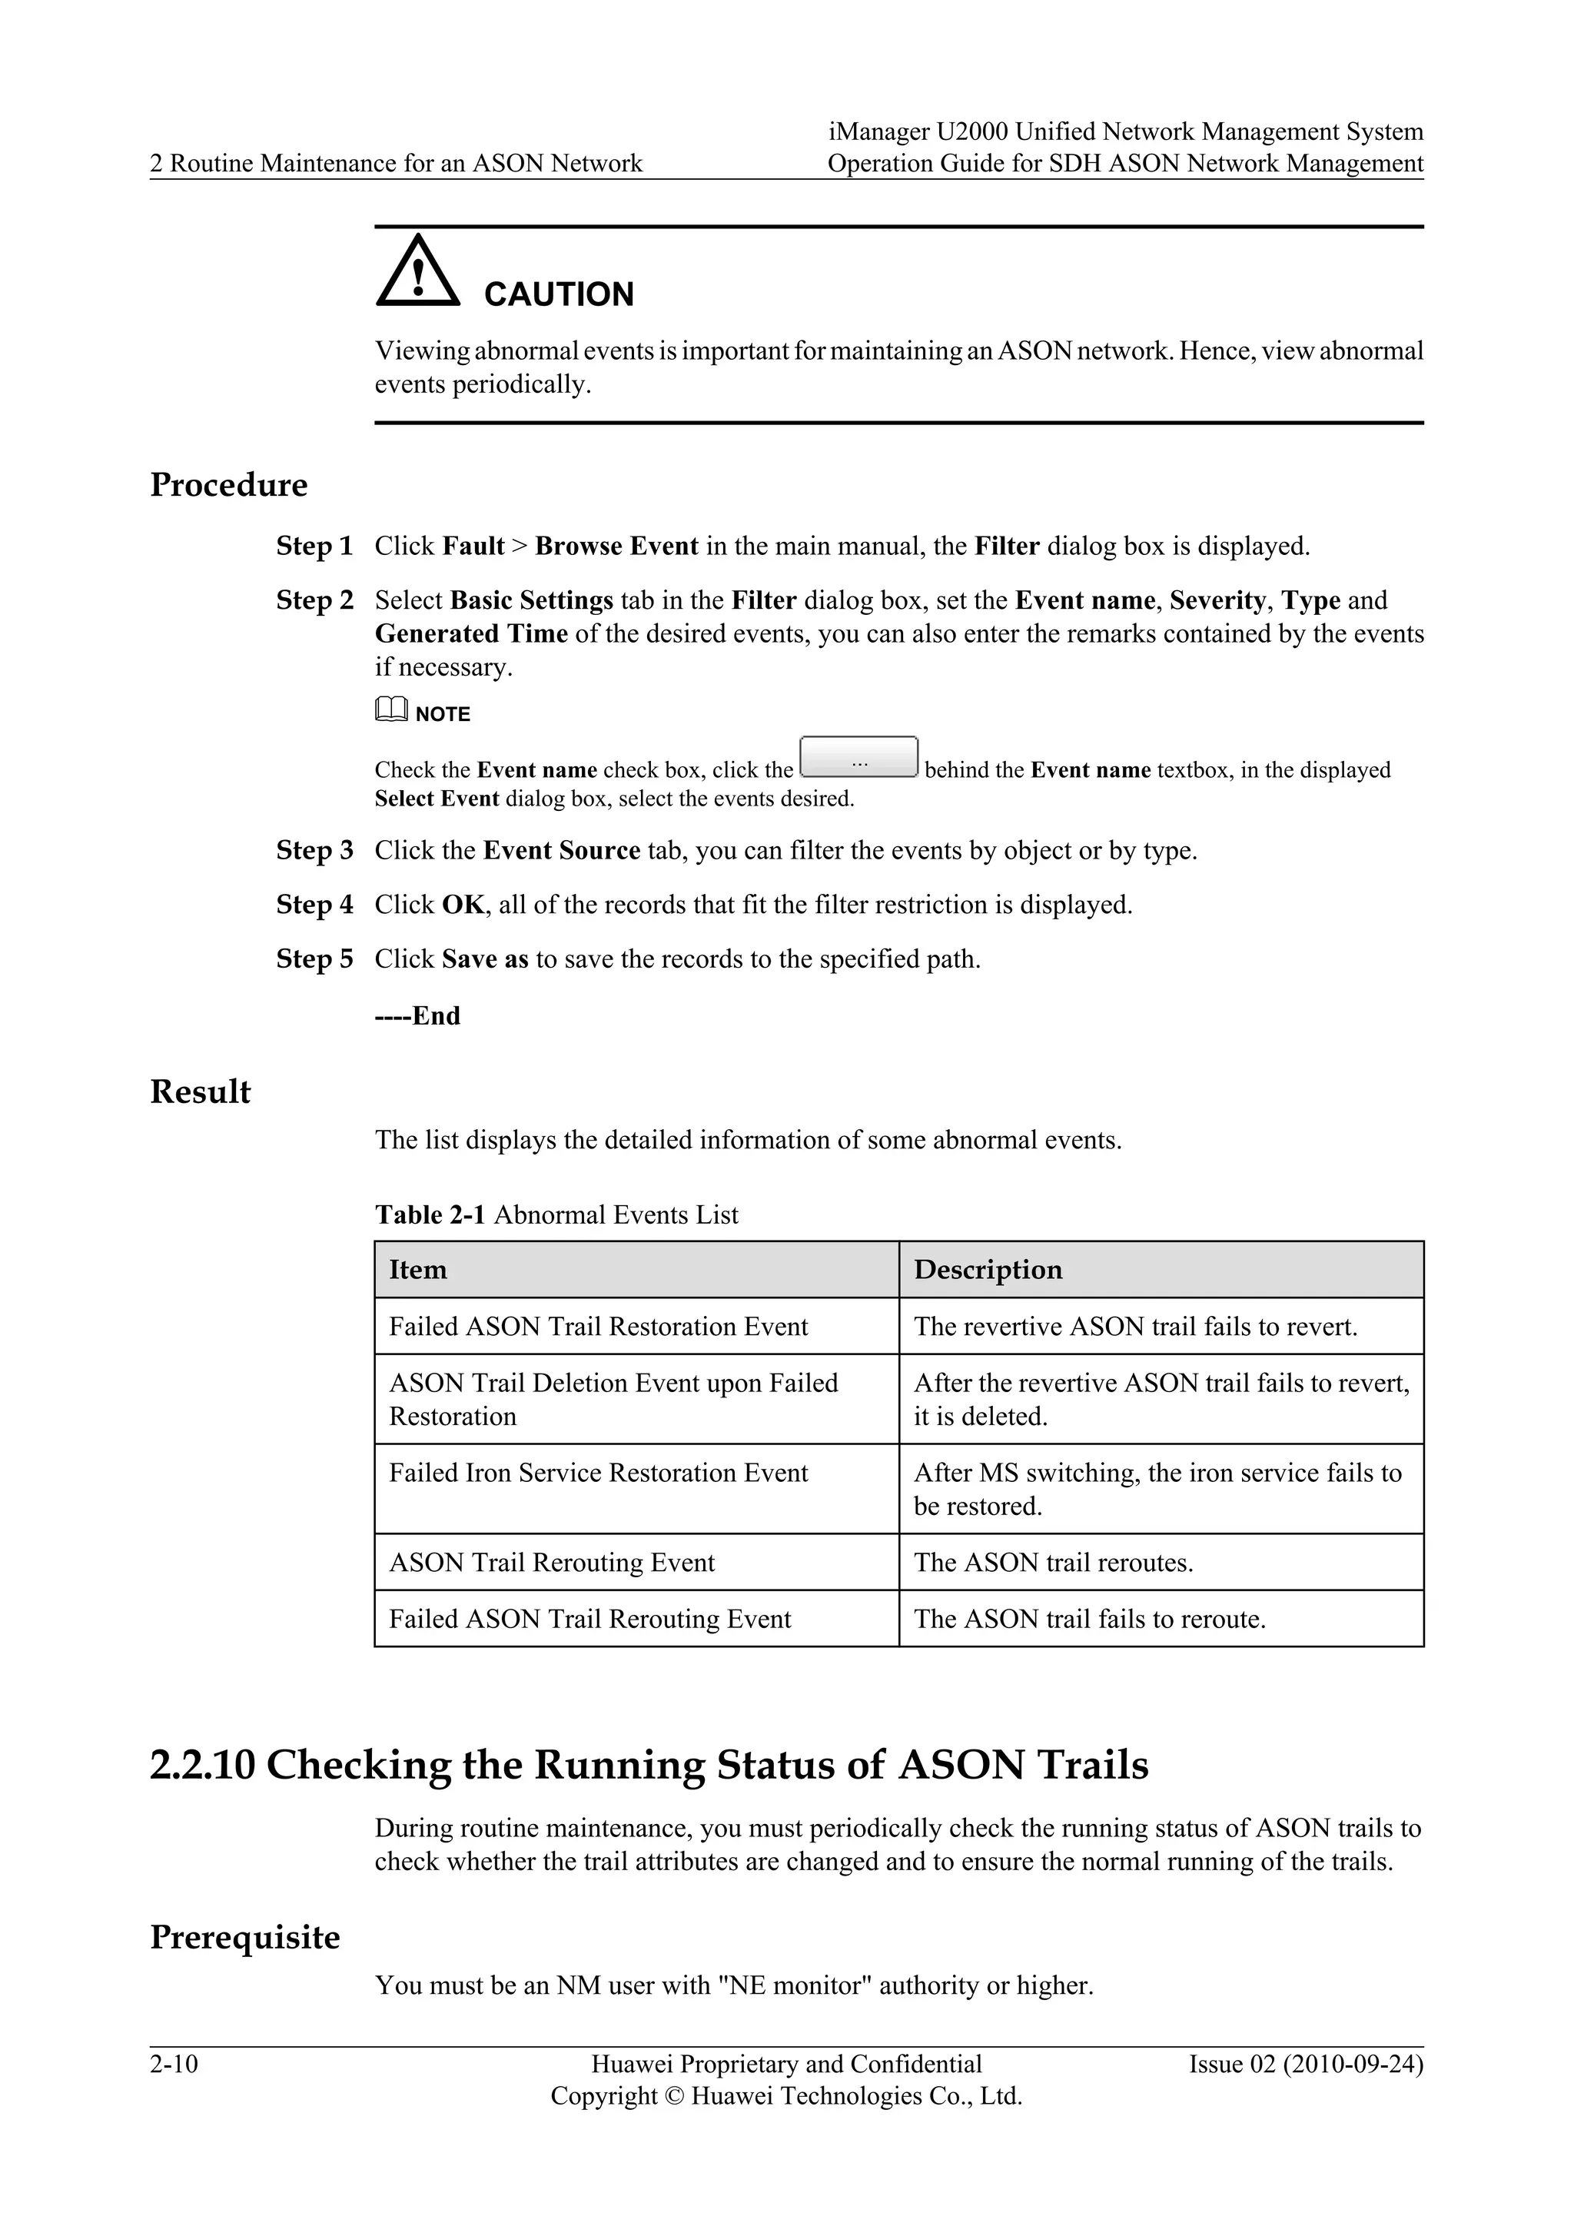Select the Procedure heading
point(229,485)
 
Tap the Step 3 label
point(315,850)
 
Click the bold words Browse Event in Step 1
point(616,546)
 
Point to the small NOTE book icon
point(391,712)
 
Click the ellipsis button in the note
point(858,757)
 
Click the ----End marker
point(418,1015)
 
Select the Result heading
point(200,1091)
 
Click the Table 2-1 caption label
point(430,1214)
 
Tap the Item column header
point(418,1270)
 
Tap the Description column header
point(988,1270)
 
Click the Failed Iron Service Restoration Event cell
point(598,1473)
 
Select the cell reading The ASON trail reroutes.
point(1053,1562)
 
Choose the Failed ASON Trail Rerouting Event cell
point(590,1618)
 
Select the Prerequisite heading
point(245,1937)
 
